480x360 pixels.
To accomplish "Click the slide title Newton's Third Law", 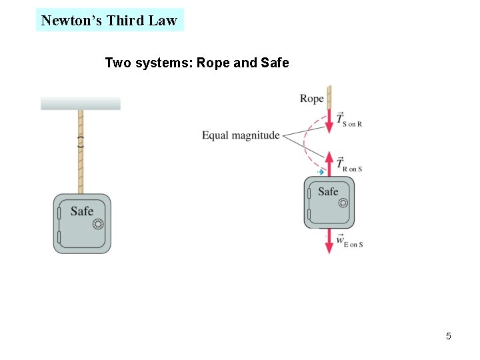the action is pos(109,20).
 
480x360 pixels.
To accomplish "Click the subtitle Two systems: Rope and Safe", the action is pos(197,63).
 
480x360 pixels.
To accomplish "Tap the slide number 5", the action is pos(449,336).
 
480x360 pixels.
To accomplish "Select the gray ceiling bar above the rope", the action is pos(80,103).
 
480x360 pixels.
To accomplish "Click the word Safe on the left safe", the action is pos(81,211).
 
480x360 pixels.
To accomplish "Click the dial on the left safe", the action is pos(98,225).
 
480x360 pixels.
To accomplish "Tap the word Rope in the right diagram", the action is pos(311,99).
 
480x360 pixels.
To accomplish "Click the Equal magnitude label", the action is pos(241,135).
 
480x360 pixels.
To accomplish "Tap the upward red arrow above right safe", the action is pos(329,163).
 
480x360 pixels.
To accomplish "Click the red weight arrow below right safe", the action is pos(329,241).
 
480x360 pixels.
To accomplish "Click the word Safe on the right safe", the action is pos(328,192).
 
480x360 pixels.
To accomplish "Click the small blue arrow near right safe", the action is pos(321,172).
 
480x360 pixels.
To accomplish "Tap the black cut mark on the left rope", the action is pos(81,141).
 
